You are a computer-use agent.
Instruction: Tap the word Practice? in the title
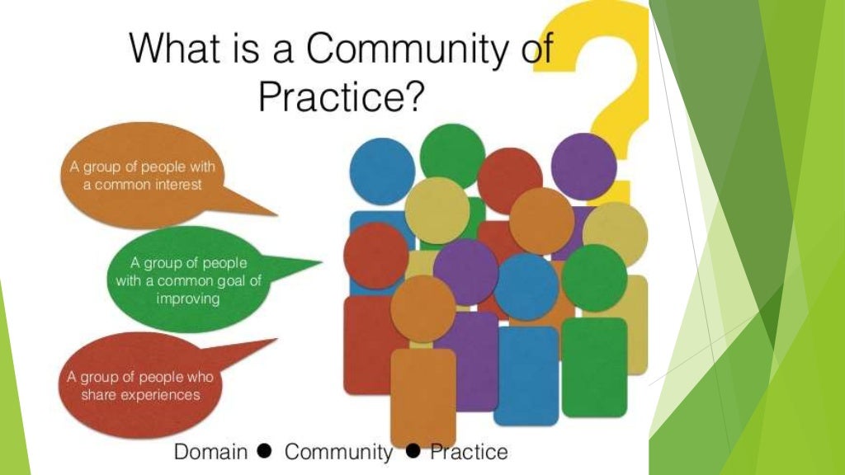tap(342, 97)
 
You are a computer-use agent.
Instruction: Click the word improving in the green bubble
tap(188, 299)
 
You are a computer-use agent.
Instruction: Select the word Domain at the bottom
tap(210, 452)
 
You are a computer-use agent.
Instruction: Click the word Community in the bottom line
tap(338, 452)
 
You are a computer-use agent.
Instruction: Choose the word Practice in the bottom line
tap(469, 452)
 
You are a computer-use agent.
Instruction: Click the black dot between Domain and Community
tap(265, 451)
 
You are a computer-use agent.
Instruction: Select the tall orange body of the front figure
tap(422, 396)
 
